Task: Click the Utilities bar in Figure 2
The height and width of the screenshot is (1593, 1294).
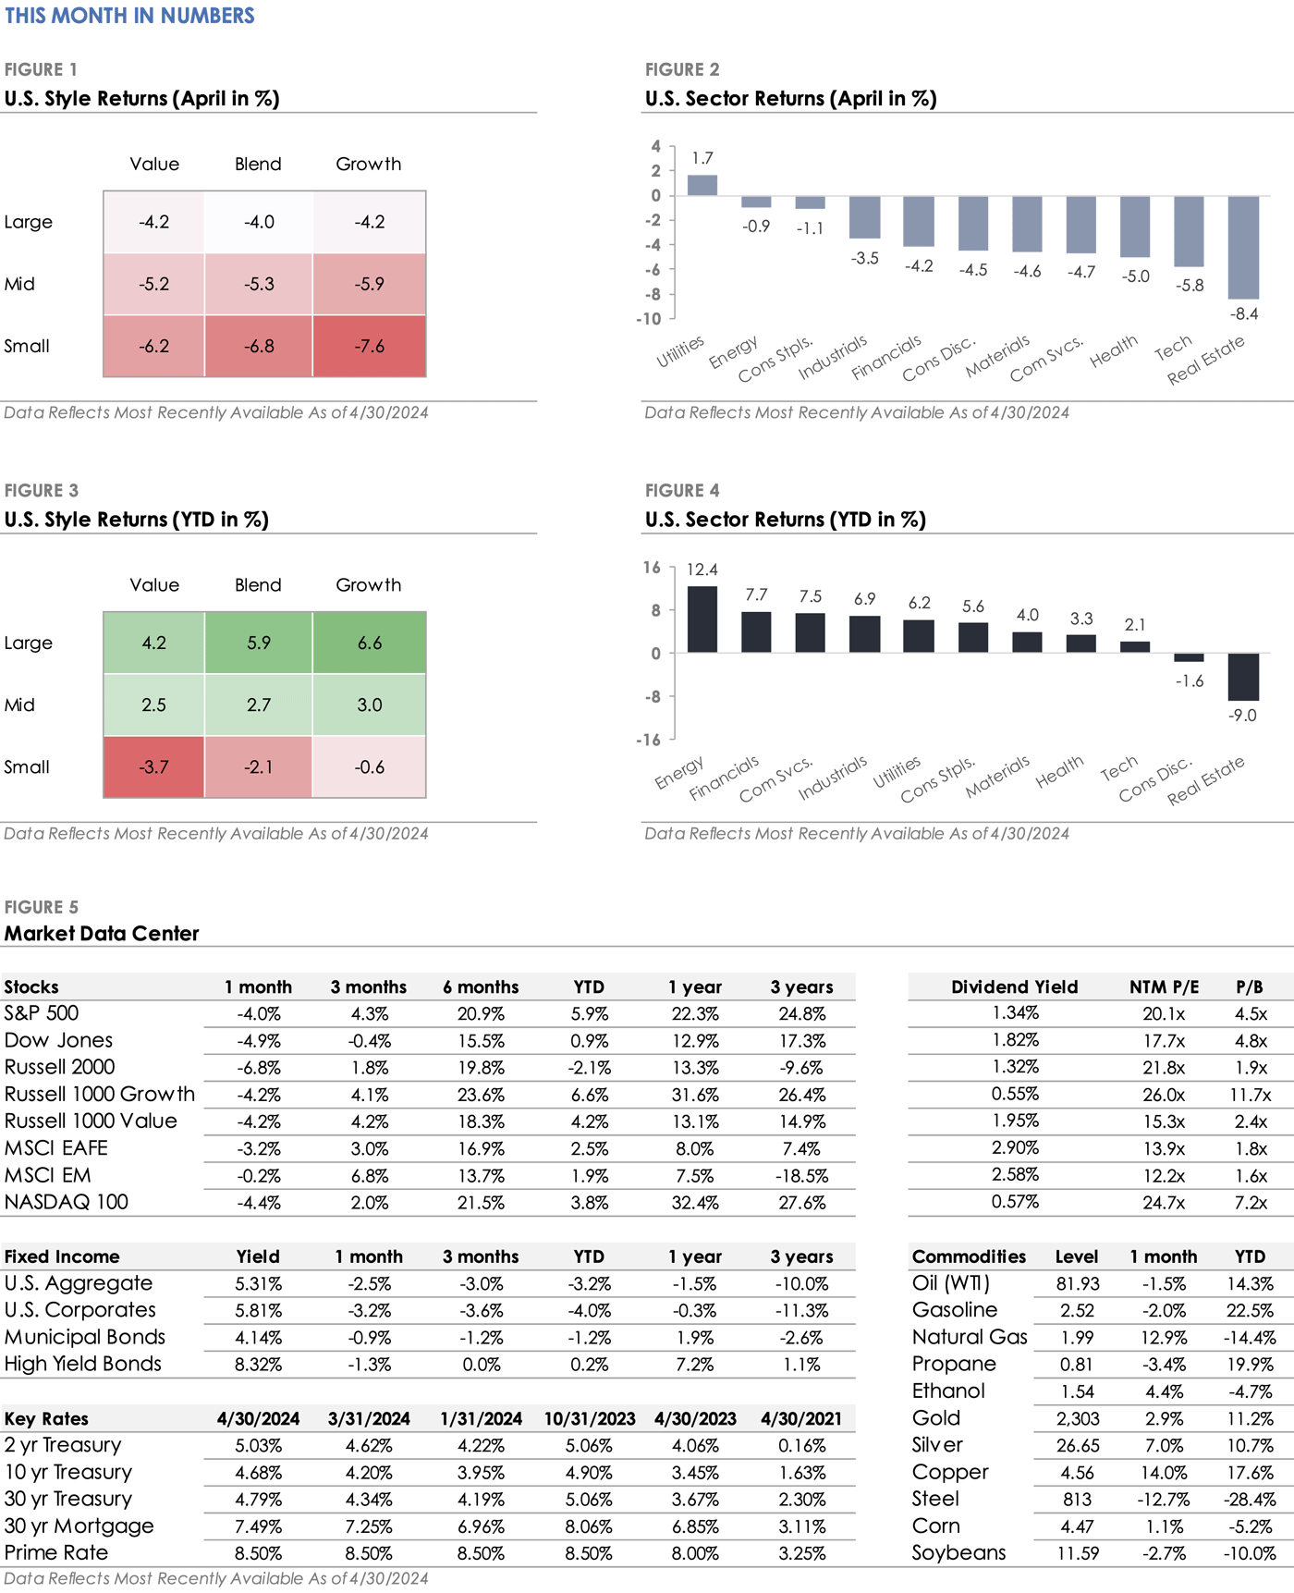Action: pos(702,185)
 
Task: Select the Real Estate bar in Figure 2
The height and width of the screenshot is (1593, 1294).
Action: pos(1243,247)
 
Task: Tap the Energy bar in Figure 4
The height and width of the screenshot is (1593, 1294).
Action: pos(702,619)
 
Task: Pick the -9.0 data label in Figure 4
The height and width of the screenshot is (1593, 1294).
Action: pos(1242,716)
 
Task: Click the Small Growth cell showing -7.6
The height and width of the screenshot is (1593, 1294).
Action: pos(370,346)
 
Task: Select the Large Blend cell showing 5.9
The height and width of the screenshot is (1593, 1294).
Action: pos(259,643)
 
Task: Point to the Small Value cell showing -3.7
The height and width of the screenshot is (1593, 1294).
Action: pos(153,766)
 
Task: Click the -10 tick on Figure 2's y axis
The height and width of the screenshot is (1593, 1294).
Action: pos(649,319)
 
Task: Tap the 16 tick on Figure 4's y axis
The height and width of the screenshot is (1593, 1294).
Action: pos(652,568)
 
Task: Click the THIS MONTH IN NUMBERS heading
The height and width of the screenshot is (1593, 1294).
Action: pos(129,16)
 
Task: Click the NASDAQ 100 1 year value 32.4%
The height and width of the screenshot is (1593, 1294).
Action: pos(695,1203)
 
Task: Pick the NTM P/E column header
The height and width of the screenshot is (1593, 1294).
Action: pos(1164,987)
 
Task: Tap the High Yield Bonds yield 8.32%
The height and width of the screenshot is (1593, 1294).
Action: pos(258,1365)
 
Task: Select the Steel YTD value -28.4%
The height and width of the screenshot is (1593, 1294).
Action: pos(1250,1500)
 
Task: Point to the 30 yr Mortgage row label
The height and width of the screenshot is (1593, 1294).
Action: pos(79,1526)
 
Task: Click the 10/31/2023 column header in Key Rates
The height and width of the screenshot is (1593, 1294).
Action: pos(590,1419)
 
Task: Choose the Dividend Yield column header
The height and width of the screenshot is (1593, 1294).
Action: pos(1015,987)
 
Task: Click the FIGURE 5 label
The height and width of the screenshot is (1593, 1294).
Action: pos(42,907)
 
